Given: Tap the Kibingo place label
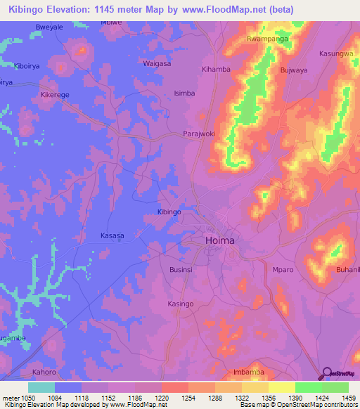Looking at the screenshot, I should tap(169, 212).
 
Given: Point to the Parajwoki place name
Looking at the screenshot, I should tap(198, 134).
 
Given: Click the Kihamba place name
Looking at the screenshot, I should tap(216, 70).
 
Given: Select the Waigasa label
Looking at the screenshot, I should tap(157, 63).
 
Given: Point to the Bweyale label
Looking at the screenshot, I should tap(49, 27).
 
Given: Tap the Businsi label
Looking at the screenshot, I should tap(182, 269).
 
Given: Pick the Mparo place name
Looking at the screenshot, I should tap(283, 269).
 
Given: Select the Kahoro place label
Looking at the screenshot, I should tap(44, 372).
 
